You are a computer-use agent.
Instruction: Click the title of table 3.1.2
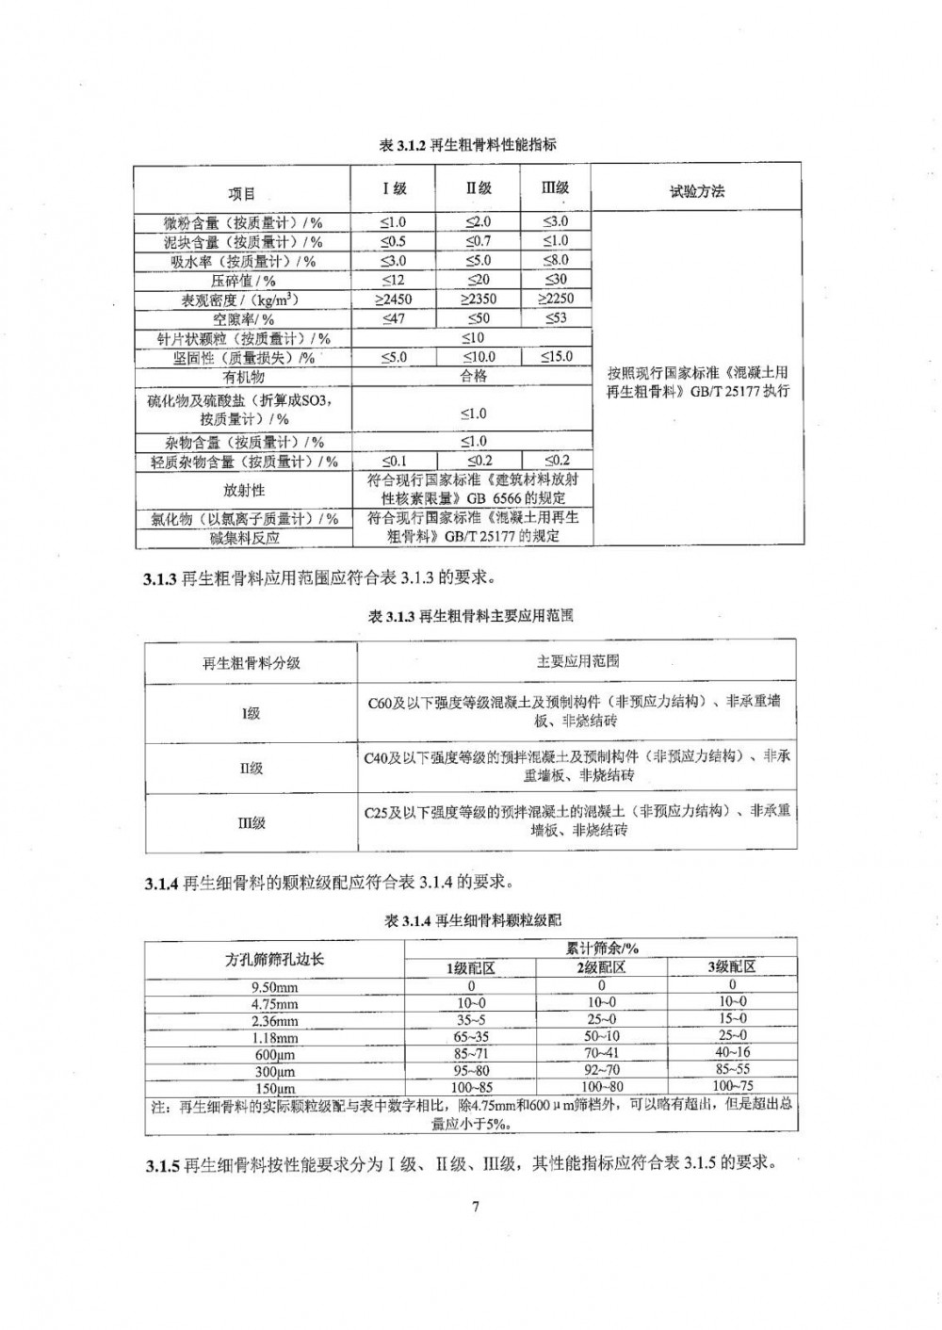(467, 144)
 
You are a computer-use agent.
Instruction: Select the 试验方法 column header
(697, 191)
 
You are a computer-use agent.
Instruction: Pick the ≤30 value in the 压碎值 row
(556, 280)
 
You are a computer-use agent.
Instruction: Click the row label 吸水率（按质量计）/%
(242, 261)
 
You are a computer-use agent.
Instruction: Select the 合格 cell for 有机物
(473, 376)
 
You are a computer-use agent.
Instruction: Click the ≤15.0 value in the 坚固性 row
(556, 357)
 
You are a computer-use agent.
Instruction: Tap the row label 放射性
(243, 490)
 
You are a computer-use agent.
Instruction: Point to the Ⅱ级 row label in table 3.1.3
(251, 768)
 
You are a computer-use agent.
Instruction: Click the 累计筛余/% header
(601, 949)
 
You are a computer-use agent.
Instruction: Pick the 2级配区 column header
(601, 967)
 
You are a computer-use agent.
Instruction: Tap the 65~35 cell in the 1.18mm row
(471, 1035)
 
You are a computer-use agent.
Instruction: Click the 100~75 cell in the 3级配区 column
(731, 1086)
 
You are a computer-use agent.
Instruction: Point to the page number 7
(476, 1207)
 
